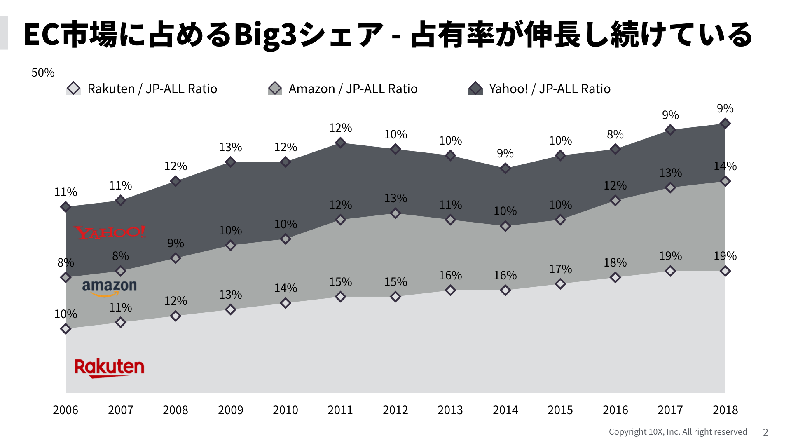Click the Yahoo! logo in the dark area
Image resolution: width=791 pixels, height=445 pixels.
110,232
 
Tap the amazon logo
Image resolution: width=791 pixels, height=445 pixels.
109,287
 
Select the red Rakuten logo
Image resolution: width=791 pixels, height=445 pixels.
109,368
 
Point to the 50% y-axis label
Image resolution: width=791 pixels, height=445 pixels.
43,73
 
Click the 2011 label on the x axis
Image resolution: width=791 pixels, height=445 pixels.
340,410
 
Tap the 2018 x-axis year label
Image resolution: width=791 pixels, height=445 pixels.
725,410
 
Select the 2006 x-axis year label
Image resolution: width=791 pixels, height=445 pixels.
66,410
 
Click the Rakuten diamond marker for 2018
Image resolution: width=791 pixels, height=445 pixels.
725,271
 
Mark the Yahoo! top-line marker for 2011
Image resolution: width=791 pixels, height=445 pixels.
340,143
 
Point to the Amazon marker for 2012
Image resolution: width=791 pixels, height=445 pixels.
395,213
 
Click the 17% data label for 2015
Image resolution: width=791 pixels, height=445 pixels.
560,269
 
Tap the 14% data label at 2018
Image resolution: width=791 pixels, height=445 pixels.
725,166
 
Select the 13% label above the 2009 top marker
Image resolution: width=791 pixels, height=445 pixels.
230,147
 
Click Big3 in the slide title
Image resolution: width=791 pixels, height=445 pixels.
265,35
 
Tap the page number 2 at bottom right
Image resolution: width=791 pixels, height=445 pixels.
765,432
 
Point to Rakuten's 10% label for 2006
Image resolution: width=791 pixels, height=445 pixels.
66,314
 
